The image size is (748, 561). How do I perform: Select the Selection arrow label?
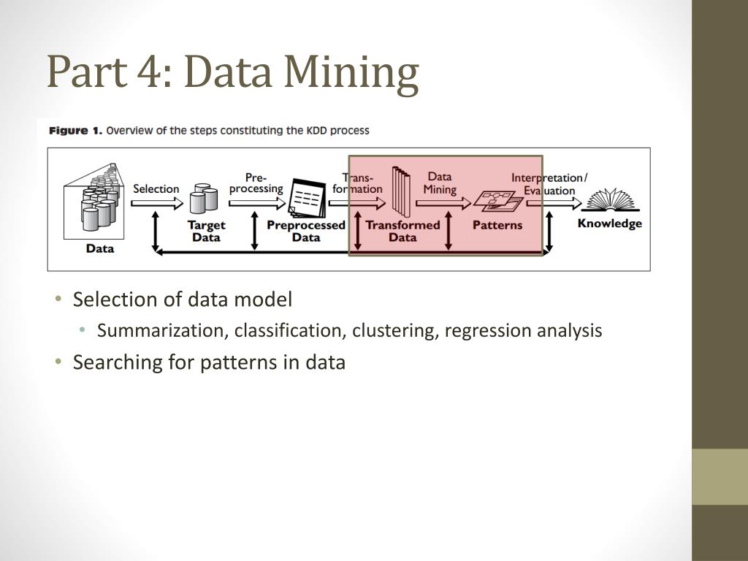156,188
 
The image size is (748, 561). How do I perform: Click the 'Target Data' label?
206,231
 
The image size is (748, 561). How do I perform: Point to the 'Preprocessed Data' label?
306,231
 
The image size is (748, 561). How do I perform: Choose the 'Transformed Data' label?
402,231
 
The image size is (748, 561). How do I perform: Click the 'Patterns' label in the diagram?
497,225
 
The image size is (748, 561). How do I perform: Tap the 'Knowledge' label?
609,224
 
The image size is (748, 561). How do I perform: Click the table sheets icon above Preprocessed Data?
306,198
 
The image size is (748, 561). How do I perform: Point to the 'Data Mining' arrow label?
440,183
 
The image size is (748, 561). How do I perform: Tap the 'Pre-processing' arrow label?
256,183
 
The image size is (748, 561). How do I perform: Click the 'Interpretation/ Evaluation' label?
549,184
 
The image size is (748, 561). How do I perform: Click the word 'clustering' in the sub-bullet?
393,331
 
